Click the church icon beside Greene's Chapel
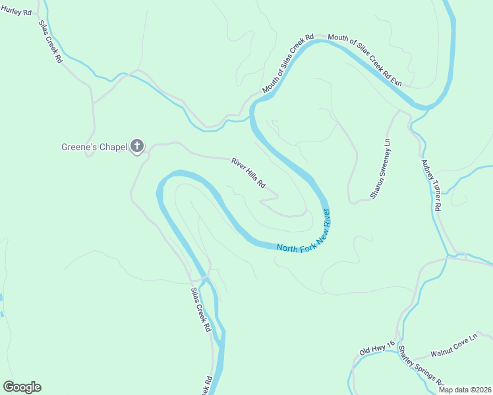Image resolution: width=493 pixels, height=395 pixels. [137, 146]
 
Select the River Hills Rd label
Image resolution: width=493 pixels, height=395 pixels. [248, 173]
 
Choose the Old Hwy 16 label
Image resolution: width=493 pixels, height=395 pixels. [376, 348]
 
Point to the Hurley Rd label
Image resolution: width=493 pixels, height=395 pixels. [16, 13]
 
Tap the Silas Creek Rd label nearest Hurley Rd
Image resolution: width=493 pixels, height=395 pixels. [50, 41]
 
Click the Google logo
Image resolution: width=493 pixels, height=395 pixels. [22, 387]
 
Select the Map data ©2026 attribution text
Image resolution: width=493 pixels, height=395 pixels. [465, 390]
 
